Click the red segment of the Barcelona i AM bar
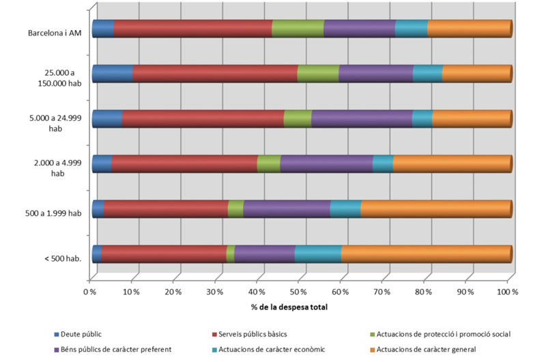(x=192, y=29)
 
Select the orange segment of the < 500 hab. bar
(x=426, y=253)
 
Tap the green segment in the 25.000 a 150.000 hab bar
(x=318, y=74)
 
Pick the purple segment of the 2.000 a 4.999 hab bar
(x=326, y=164)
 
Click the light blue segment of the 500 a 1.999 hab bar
(x=345, y=208)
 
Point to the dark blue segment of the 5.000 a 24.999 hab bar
(x=107, y=118)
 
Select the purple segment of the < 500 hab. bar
(x=265, y=253)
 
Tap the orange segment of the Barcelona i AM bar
(x=470, y=29)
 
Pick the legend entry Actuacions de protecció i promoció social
(x=444, y=334)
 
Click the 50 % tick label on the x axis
(x=299, y=291)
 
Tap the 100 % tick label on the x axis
(x=508, y=291)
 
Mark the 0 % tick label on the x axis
(x=90, y=291)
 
